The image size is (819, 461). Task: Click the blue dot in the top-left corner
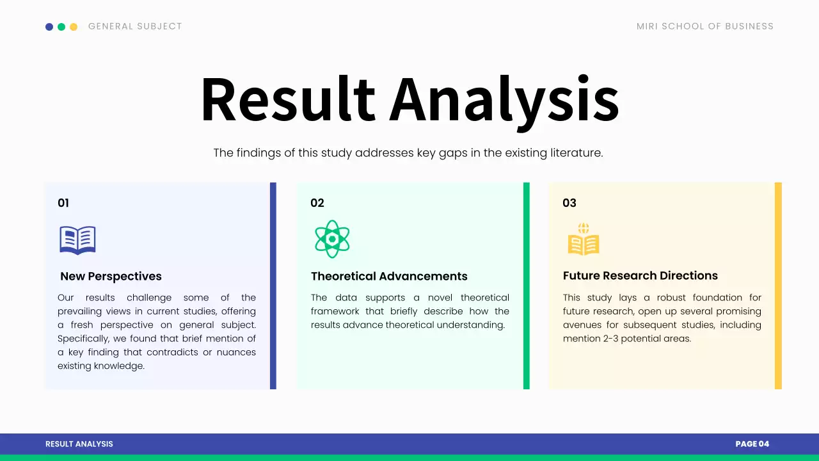[49, 27]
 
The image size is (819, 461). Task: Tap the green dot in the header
[61, 27]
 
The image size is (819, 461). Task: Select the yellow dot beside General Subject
[74, 27]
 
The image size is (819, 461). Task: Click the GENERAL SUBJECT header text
[135, 26]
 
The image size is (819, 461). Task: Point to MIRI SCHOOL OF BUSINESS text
[704, 26]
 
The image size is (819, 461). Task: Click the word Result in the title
[287, 99]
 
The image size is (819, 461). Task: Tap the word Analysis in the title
[504, 101]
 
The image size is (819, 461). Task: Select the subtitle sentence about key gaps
[408, 153]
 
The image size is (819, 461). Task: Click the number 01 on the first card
[63, 203]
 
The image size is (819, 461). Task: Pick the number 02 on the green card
[317, 203]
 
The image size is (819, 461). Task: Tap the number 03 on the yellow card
[569, 203]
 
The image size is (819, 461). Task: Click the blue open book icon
[77, 240]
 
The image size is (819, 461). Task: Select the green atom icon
[332, 239]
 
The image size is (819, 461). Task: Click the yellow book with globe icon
[584, 239]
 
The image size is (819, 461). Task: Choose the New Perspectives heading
[111, 277]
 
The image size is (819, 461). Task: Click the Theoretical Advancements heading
[389, 277]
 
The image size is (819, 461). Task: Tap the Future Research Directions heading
[640, 276]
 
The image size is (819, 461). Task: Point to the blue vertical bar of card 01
[273, 286]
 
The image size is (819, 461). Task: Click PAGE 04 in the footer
[752, 444]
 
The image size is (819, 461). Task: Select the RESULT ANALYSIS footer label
[79, 444]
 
